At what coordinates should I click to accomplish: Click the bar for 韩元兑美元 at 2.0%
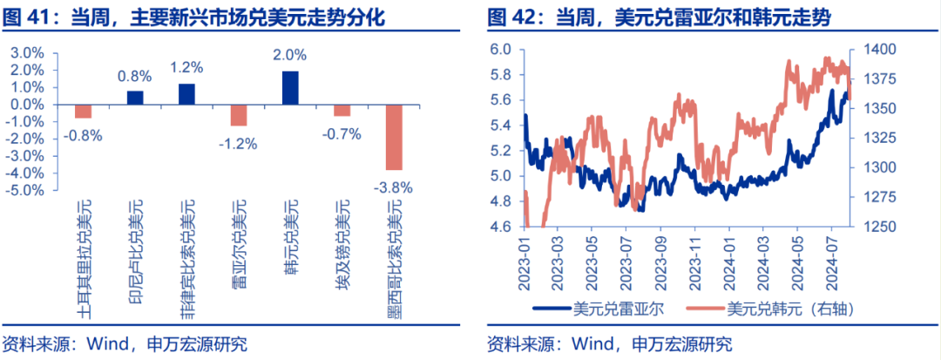point(290,88)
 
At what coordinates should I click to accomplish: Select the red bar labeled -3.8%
point(394,137)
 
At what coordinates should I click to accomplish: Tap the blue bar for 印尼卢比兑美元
point(135,98)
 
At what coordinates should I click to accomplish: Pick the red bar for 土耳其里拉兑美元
point(84,111)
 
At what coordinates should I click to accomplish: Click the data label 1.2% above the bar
point(186,67)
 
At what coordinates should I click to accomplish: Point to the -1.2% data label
point(239,143)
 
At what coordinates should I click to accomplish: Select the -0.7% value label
point(342,133)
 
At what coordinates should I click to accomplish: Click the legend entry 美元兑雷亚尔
point(607,308)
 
